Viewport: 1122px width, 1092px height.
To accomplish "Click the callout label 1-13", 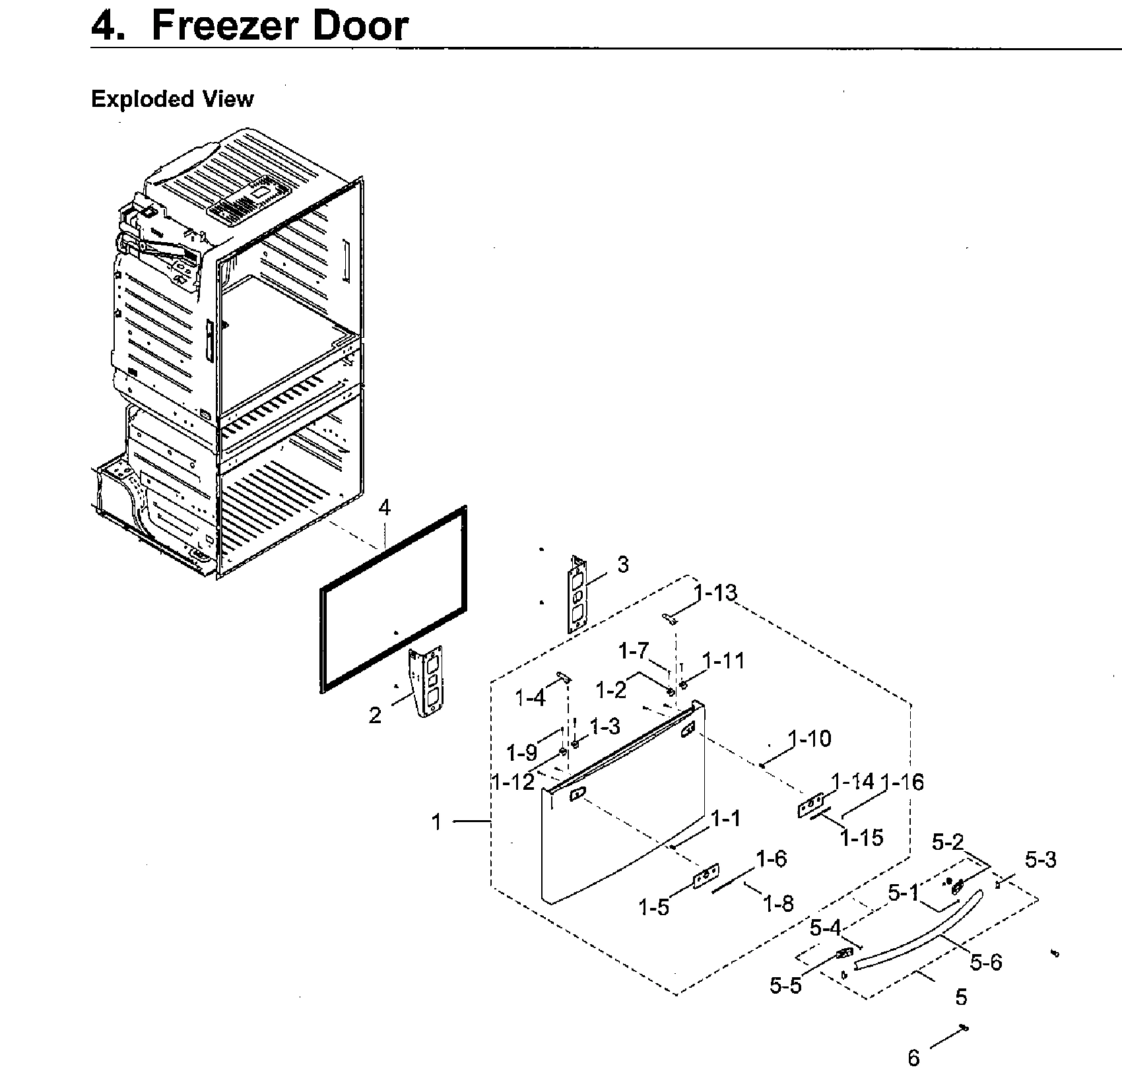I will pos(715,593).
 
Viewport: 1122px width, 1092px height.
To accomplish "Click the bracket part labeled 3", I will pos(577,595).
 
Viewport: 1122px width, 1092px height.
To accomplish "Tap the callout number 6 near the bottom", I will pos(913,1058).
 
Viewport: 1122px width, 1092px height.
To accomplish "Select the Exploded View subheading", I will pos(172,99).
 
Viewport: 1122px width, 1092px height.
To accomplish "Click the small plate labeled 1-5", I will pos(706,876).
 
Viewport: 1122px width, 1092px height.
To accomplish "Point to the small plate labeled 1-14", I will pos(811,805).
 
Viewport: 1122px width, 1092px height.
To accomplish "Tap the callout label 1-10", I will pos(810,738).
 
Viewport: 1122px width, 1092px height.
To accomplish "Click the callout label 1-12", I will pos(513,782).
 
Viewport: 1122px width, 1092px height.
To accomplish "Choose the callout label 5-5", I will pos(785,985).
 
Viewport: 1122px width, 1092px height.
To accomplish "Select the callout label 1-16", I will pos(902,782).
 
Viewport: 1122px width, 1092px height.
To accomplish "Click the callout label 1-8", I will pos(778,903).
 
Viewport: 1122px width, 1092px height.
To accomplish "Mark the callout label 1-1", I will pos(725,819).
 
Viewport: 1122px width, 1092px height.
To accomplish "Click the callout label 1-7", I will pos(634,651).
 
